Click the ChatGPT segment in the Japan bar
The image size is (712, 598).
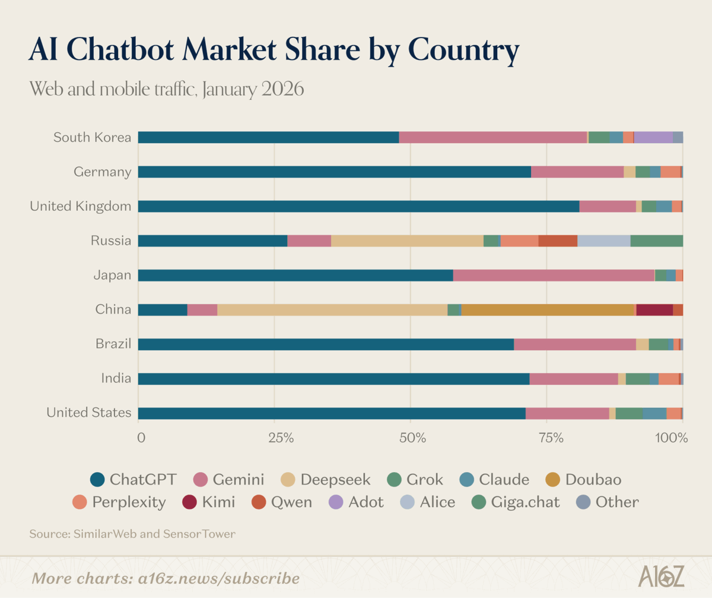(295, 276)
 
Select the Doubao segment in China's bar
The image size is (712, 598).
(548, 310)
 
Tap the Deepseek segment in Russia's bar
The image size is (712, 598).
(407, 241)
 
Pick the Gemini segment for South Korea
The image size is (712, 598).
(492, 138)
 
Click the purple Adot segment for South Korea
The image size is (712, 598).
(653, 138)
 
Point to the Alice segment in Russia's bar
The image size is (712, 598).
(603, 241)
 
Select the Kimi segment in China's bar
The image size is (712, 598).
(654, 310)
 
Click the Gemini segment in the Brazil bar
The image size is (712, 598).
(574, 344)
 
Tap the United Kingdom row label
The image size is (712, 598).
(80, 207)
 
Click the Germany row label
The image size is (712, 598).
(102, 172)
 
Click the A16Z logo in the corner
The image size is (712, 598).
(662, 576)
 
